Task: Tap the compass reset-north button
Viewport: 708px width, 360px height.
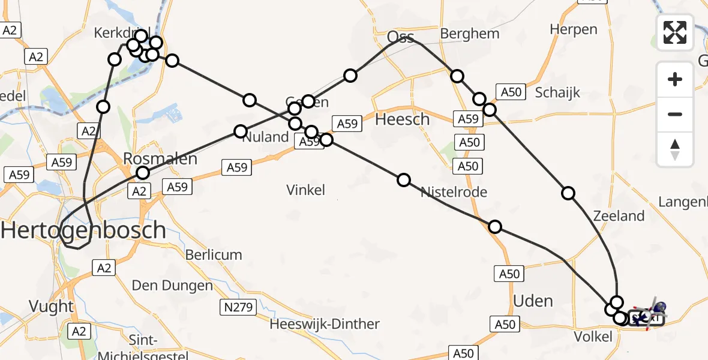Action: [x=675, y=149]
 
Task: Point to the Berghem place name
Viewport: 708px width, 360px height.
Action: [x=470, y=34]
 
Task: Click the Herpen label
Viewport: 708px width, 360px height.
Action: [x=574, y=29]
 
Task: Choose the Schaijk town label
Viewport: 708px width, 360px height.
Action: [x=557, y=92]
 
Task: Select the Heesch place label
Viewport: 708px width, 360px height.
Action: [x=402, y=119]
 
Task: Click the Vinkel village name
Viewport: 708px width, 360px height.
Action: [x=306, y=190]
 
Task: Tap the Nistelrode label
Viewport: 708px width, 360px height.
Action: [x=454, y=192]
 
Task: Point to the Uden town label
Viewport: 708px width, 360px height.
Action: [x=533, y=301]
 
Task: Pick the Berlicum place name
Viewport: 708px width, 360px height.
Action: [x=214, y=254]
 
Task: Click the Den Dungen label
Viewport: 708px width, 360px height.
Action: [x=172, y=286]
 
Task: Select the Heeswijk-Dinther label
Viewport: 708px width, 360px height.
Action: [x=325, y=325]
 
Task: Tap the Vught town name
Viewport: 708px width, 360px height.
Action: [x=52, y=307]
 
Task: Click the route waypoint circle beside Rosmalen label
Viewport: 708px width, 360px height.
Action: [x=143, y=173]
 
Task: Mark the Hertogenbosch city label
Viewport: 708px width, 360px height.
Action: [x=83, y=230]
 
